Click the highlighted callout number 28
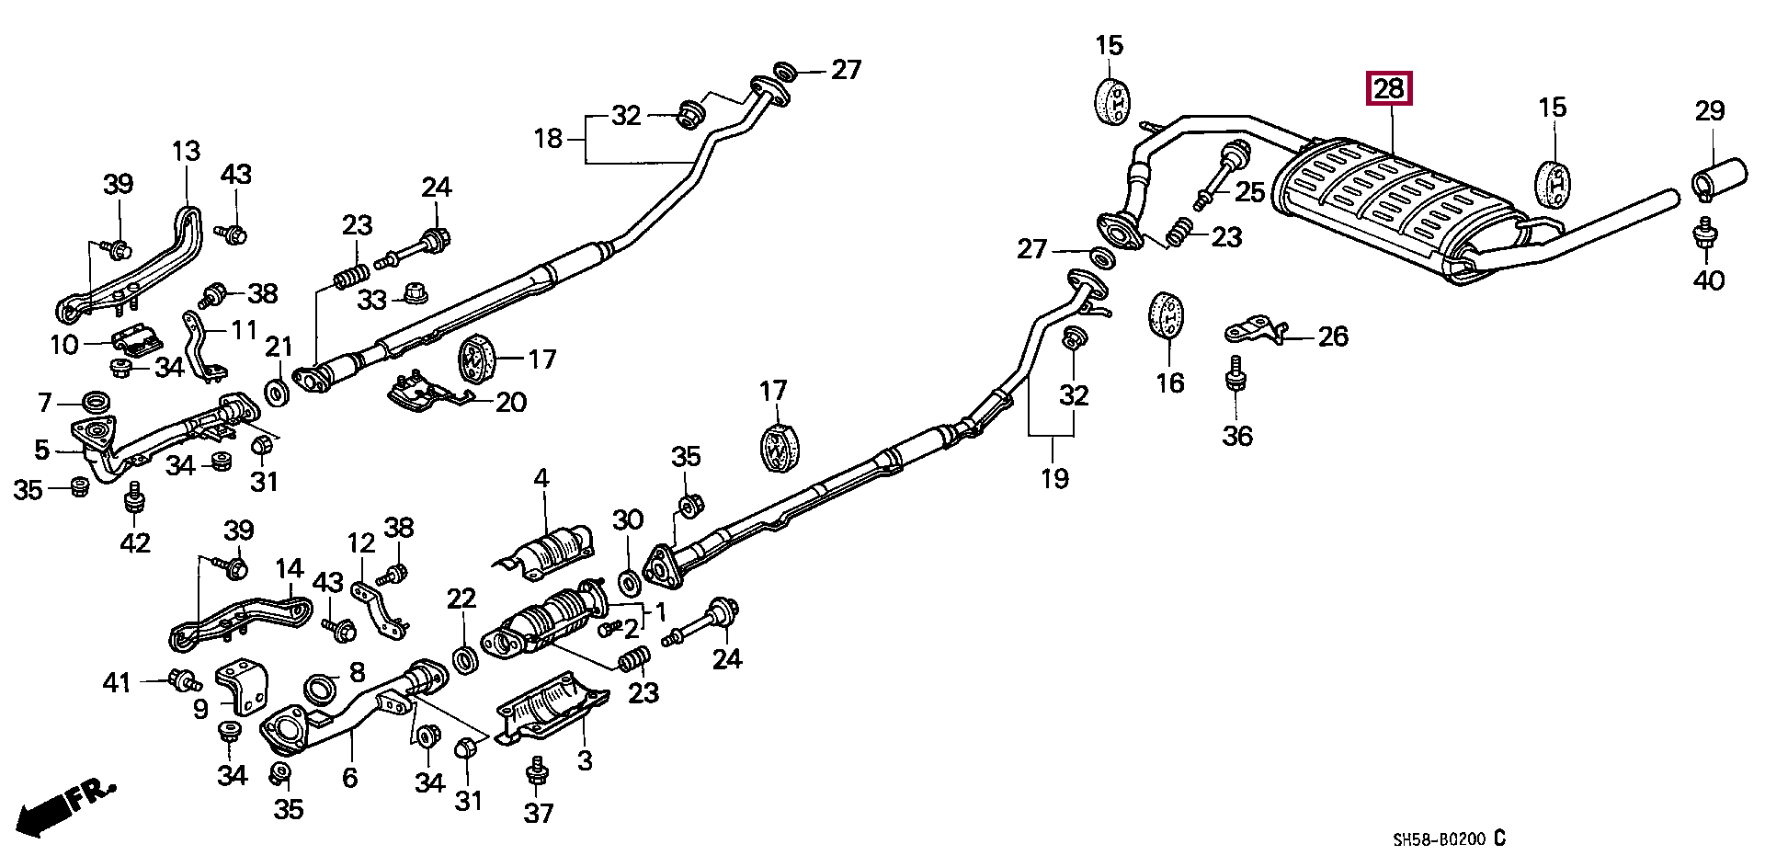pos(1388,89)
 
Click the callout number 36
pos(1237,435)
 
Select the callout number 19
pos(1054,478)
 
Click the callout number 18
pos(548,139)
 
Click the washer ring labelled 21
pos(278,393)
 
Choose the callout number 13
pos(186,151)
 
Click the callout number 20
pos(511,402)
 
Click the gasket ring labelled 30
pos(629,582)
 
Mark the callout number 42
pos(135,543)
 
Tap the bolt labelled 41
pos(183,680)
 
